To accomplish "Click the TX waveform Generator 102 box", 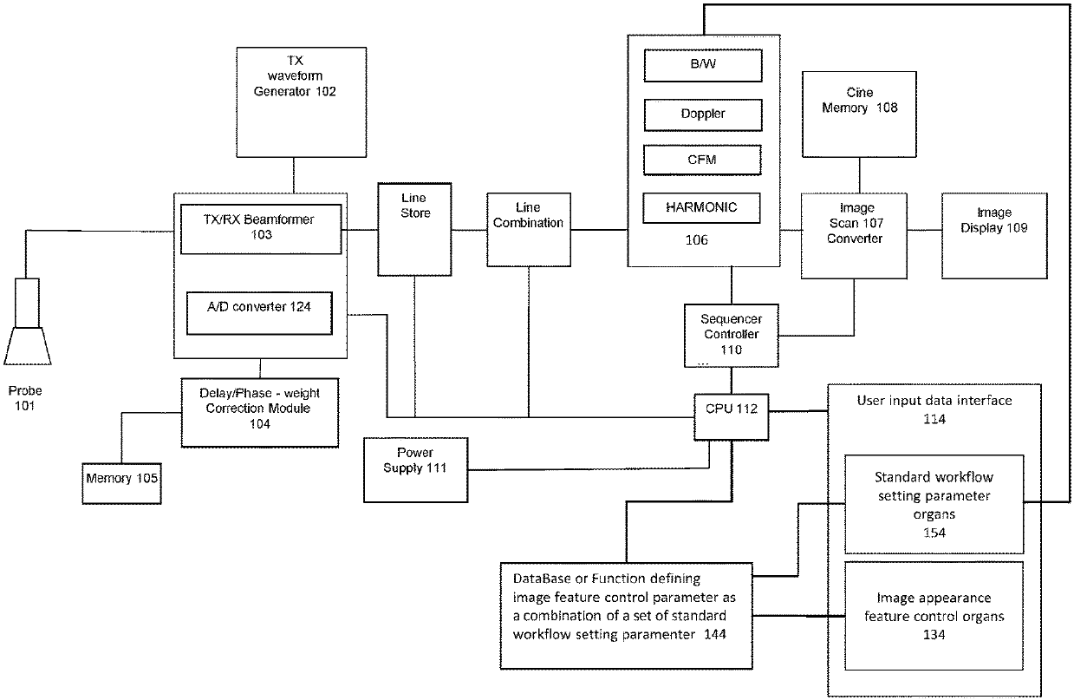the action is coord(301,102).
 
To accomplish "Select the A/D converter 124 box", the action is coord(259,313).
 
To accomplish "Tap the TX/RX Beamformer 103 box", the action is coord(261,229).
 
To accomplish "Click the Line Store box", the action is coord(414,229).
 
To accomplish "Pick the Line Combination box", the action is coord(529,230).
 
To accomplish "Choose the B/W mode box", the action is coord(703,65).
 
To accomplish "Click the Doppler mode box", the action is coord(703,115).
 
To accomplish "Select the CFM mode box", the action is coord(702,160).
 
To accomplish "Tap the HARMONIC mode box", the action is coord(701,208).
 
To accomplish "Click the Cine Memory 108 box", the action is coord(859,114).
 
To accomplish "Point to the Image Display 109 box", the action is coord(994,236).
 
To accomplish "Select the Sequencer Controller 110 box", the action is coord(732,336).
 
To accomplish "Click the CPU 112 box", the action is coord(732,417).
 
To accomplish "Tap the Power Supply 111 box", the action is coord(416,470).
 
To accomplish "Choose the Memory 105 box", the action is coord(121,483).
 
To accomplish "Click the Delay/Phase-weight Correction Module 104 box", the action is coord(260,413).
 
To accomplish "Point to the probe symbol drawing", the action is coord(28,322).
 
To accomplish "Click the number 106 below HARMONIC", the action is coord(696,240).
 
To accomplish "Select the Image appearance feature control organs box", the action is coord(934,616).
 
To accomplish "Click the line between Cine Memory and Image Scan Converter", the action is coord(859,175).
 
